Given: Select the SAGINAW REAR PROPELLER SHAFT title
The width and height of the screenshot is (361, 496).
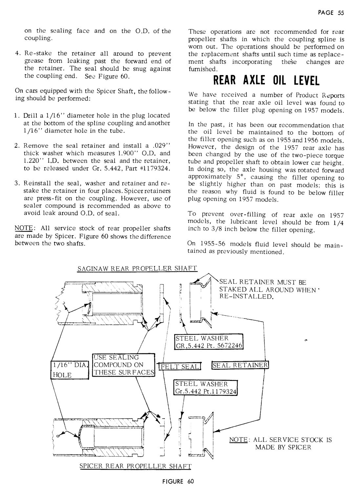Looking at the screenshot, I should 137,268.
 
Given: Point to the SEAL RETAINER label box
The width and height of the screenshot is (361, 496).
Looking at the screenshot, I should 241,365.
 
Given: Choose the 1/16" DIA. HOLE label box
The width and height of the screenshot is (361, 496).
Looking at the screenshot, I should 69,369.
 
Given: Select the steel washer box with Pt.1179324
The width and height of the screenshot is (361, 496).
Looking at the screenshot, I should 205,388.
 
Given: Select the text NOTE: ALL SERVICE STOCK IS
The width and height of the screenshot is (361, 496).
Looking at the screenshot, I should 280,440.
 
